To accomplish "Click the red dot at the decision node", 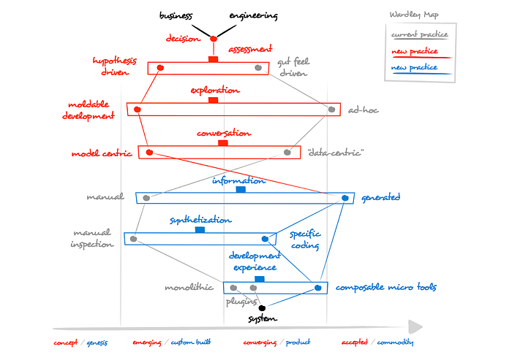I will [x=214, y=39].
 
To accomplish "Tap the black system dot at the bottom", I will [x=263, y=308].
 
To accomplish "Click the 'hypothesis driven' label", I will [x=115, y=66].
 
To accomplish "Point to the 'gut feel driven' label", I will [x=293, y=67].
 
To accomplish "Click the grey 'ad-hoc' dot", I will [x=332, y=110].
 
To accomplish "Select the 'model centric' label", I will [x=102, y=153].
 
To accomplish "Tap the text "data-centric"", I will [x=335, y=153].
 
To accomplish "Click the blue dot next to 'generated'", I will [x=345, y=197].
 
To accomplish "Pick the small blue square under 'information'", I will [x=241, y=190].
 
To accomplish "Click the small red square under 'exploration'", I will [x=214, y=100].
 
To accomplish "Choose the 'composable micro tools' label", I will [x=385, y=288].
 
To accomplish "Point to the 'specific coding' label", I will [x=304, y=240].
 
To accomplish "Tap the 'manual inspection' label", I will [x=91, y=238].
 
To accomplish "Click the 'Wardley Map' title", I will [x=415, y=15].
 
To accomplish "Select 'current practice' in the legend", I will [x=418, y=34].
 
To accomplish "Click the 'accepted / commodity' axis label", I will [x=377, y=342].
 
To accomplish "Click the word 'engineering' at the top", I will [x=253, y=15].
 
